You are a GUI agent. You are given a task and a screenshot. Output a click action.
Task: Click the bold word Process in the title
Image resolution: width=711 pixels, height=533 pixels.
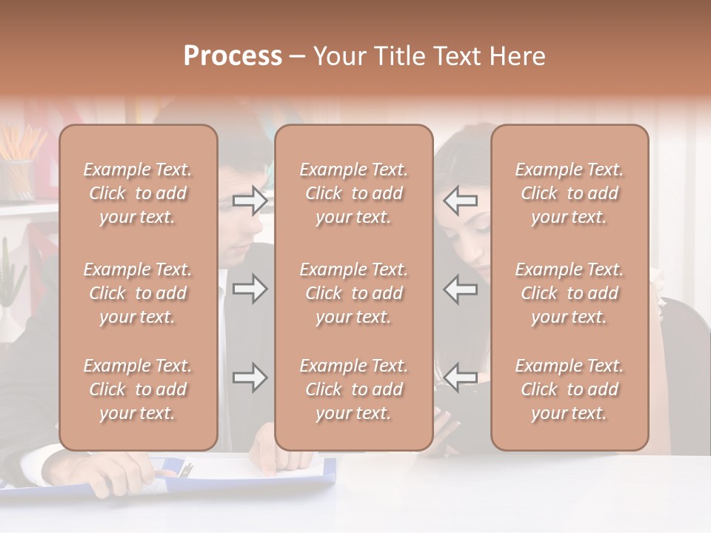[233, 56]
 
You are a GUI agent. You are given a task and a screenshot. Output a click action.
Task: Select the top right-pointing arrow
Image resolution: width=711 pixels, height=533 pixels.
[250, 200]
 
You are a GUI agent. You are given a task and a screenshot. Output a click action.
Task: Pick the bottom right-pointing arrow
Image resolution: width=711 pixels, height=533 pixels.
[250, 378]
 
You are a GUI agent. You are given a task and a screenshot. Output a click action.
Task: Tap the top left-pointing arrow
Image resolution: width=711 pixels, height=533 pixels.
[460, 200]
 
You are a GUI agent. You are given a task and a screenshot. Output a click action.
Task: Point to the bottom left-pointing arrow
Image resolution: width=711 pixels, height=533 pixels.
[460, 378]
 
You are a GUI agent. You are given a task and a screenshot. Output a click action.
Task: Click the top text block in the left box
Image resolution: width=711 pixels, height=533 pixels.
[138, 193]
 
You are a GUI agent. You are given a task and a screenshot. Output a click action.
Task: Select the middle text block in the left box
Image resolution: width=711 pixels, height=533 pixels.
[138, 293]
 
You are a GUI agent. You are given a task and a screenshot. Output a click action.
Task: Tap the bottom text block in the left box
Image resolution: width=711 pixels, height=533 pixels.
[138, 389]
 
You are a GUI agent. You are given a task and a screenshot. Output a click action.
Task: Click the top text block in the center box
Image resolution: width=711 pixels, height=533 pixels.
[353, 193]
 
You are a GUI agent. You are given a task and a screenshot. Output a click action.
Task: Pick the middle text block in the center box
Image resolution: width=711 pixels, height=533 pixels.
[353, 293]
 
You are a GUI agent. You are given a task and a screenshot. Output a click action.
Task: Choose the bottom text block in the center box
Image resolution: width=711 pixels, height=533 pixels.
[353, 389]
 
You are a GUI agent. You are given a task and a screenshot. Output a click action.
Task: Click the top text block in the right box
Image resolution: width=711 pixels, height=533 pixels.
[569, 193]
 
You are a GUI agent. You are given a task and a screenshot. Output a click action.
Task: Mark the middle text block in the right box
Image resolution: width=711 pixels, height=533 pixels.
[569, 293]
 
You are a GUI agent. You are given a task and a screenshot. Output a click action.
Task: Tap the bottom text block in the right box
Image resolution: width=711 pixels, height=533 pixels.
[569, 389]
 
